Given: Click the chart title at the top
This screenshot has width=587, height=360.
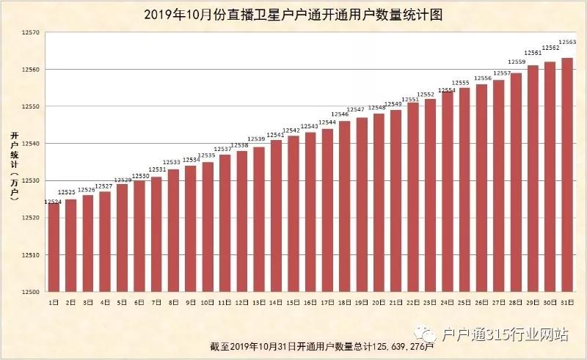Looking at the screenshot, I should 293,14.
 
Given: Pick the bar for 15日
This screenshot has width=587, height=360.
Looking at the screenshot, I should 293,213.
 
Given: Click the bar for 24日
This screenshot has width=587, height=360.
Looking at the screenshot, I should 448,191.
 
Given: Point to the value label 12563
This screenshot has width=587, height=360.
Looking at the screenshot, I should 567,43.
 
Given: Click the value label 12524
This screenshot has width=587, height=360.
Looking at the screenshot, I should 53,202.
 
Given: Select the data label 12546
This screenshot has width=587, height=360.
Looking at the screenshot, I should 340,114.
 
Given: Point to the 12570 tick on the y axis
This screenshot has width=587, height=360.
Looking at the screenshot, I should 29,33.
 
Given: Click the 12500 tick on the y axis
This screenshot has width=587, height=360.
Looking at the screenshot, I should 29,292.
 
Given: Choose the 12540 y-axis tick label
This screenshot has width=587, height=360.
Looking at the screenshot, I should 29,144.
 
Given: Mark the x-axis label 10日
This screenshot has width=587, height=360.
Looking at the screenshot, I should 208,301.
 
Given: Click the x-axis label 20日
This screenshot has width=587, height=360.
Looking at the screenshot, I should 379,301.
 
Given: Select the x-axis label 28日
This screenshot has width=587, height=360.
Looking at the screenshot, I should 516,301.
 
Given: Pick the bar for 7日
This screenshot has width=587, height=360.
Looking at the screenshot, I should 156,234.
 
